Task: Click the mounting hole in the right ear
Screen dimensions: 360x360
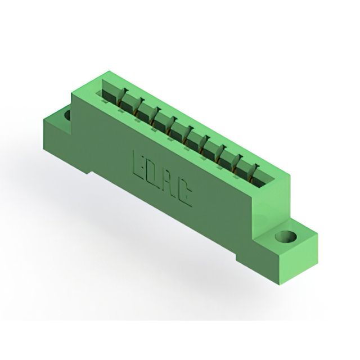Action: [286, 236]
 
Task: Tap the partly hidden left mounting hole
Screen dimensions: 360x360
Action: [67, 116]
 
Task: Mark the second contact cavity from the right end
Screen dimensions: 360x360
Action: [247, 168]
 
